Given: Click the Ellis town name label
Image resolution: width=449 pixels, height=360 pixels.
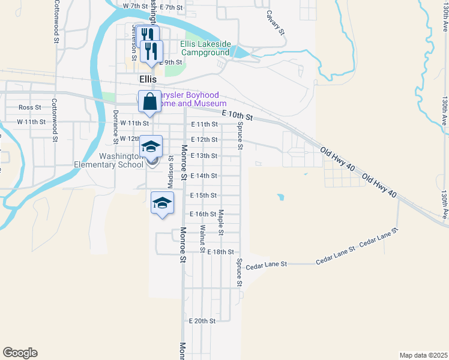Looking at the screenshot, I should [x=147, y=79].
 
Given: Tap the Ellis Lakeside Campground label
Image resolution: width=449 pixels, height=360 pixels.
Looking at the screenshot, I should [x=205, y=48].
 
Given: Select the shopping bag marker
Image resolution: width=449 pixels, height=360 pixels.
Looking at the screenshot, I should [x=149, y=102].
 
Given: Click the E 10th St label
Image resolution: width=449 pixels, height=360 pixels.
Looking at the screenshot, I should [x=237, y=114].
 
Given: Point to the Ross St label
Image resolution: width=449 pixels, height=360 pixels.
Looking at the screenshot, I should [x=29, y=107].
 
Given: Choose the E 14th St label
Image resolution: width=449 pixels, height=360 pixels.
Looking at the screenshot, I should [x=203, y=176].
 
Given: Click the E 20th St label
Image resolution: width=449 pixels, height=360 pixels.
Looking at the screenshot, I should [x=202, y=321].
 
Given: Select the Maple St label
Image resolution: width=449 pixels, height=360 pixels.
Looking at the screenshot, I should [x=221, y=222].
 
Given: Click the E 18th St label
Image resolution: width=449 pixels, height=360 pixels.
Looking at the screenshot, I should [x=220, y=252].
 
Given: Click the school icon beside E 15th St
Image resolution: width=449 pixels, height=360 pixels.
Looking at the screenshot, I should [x=162, y=203].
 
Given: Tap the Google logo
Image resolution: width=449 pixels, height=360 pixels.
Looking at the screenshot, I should [x=20, y=353].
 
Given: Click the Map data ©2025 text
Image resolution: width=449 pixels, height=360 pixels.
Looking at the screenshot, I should [x=423, y=355].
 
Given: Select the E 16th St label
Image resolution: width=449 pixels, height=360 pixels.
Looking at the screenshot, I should [x=202, y=214].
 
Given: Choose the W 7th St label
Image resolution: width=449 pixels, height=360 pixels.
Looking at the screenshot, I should [x=134, y=6].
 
